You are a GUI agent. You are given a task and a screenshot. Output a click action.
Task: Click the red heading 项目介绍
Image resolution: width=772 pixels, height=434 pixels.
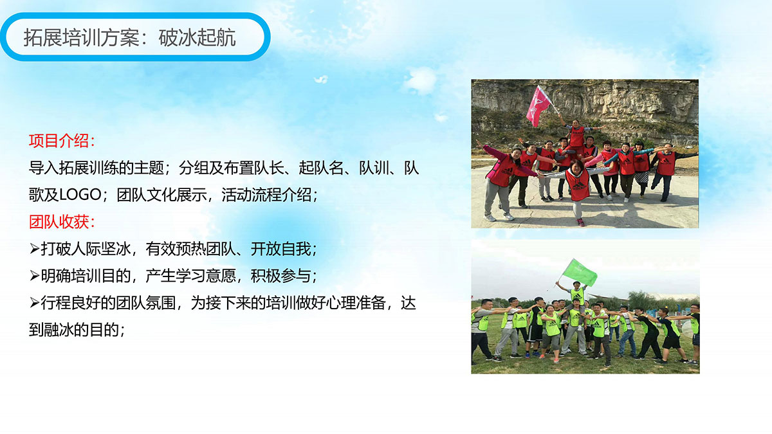(59, 141)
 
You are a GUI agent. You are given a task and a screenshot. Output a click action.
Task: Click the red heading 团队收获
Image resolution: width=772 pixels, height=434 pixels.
(59, 222)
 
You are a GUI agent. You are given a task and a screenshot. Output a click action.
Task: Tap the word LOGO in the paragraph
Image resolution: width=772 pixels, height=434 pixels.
(80, 195)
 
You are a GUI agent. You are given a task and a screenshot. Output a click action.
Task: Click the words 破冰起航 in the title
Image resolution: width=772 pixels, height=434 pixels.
(197, 37)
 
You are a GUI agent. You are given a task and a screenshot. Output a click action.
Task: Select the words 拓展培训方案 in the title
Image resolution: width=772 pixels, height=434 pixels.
(81, 37)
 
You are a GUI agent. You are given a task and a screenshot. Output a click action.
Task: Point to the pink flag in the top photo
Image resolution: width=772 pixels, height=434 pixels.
(538, 105)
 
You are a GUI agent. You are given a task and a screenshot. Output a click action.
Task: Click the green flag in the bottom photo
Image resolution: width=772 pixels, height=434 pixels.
(580, 273)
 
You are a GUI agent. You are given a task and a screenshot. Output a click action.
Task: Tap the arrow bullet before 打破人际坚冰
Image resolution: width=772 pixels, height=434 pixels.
(34, 249)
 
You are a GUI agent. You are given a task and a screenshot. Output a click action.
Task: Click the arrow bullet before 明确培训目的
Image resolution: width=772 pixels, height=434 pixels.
(34, 276)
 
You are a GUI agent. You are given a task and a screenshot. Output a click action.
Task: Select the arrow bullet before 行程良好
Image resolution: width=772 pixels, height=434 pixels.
(34, 303)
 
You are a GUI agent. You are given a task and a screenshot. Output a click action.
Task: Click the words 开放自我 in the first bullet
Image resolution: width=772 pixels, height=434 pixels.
(280, 249)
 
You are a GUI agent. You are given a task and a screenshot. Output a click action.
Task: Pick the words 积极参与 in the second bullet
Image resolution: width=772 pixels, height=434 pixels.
(280, 276)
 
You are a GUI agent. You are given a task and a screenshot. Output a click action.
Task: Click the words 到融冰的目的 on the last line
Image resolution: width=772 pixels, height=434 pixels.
(74, 330)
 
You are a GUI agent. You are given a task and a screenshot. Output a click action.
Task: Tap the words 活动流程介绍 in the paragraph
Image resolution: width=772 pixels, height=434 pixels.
(266, 195)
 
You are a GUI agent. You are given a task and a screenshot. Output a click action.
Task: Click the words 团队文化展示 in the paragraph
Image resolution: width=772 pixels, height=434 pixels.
(161, 195)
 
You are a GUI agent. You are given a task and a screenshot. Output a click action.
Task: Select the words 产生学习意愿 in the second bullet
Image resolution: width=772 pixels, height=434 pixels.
(190, 276)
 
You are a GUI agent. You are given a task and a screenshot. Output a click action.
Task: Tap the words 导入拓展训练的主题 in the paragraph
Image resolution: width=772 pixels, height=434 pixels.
(96, 168)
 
